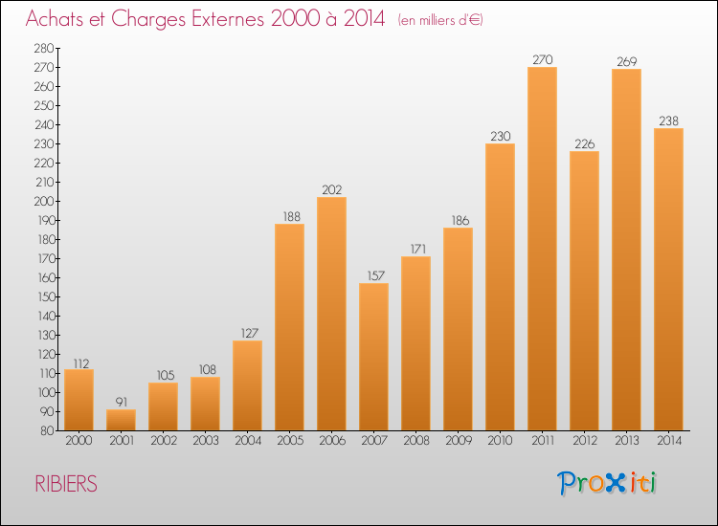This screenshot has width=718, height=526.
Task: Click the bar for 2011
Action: [x=542, y=249]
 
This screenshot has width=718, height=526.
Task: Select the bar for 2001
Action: [x=121, y=420]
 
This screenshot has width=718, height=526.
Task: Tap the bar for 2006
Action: [x=331, y=314]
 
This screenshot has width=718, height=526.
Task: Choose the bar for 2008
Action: [x=415, y=343]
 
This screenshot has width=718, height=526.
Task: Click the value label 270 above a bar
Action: [x=542, y=59]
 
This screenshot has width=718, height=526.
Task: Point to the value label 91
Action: [x=121, y=402]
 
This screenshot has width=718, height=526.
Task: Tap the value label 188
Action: [x=289, y=216]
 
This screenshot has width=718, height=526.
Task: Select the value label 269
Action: [x=626, y=61]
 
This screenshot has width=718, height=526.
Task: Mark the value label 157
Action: [x=373, y=275]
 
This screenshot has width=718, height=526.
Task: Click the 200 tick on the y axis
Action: [x=42, y=202]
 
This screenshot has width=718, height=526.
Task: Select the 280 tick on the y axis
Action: [x=42, y=49]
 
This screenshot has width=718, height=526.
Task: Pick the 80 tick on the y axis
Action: [x=45, y=431]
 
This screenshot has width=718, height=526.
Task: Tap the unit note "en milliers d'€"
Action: [x=440, y=20]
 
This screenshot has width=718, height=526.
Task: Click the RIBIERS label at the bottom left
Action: [x=66, y=484]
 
